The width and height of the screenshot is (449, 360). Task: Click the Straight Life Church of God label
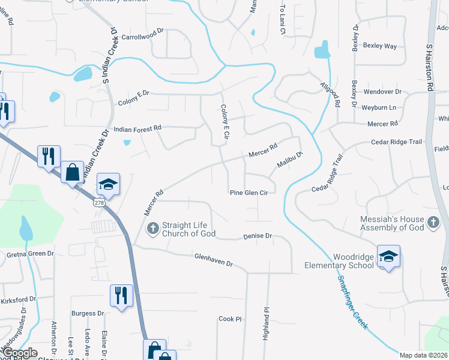[184, 229]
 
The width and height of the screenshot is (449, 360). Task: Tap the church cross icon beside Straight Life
[152, 227]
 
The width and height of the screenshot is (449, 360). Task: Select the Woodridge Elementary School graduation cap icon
[388, 257]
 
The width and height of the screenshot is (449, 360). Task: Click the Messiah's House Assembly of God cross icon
[433, 224]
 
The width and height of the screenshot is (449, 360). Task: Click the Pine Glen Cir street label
[249, 193]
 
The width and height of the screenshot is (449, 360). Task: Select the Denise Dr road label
[258, 236]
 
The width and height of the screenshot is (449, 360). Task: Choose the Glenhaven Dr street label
[213, 260]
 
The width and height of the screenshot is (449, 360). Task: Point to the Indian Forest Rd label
[138, 128]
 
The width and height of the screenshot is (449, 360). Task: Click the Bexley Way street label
[380, 46]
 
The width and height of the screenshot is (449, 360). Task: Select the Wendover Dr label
[382, 92]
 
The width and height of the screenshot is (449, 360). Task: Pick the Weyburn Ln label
[379, 107]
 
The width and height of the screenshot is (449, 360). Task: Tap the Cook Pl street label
[229, 319]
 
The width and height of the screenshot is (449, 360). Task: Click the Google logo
[20, 353]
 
